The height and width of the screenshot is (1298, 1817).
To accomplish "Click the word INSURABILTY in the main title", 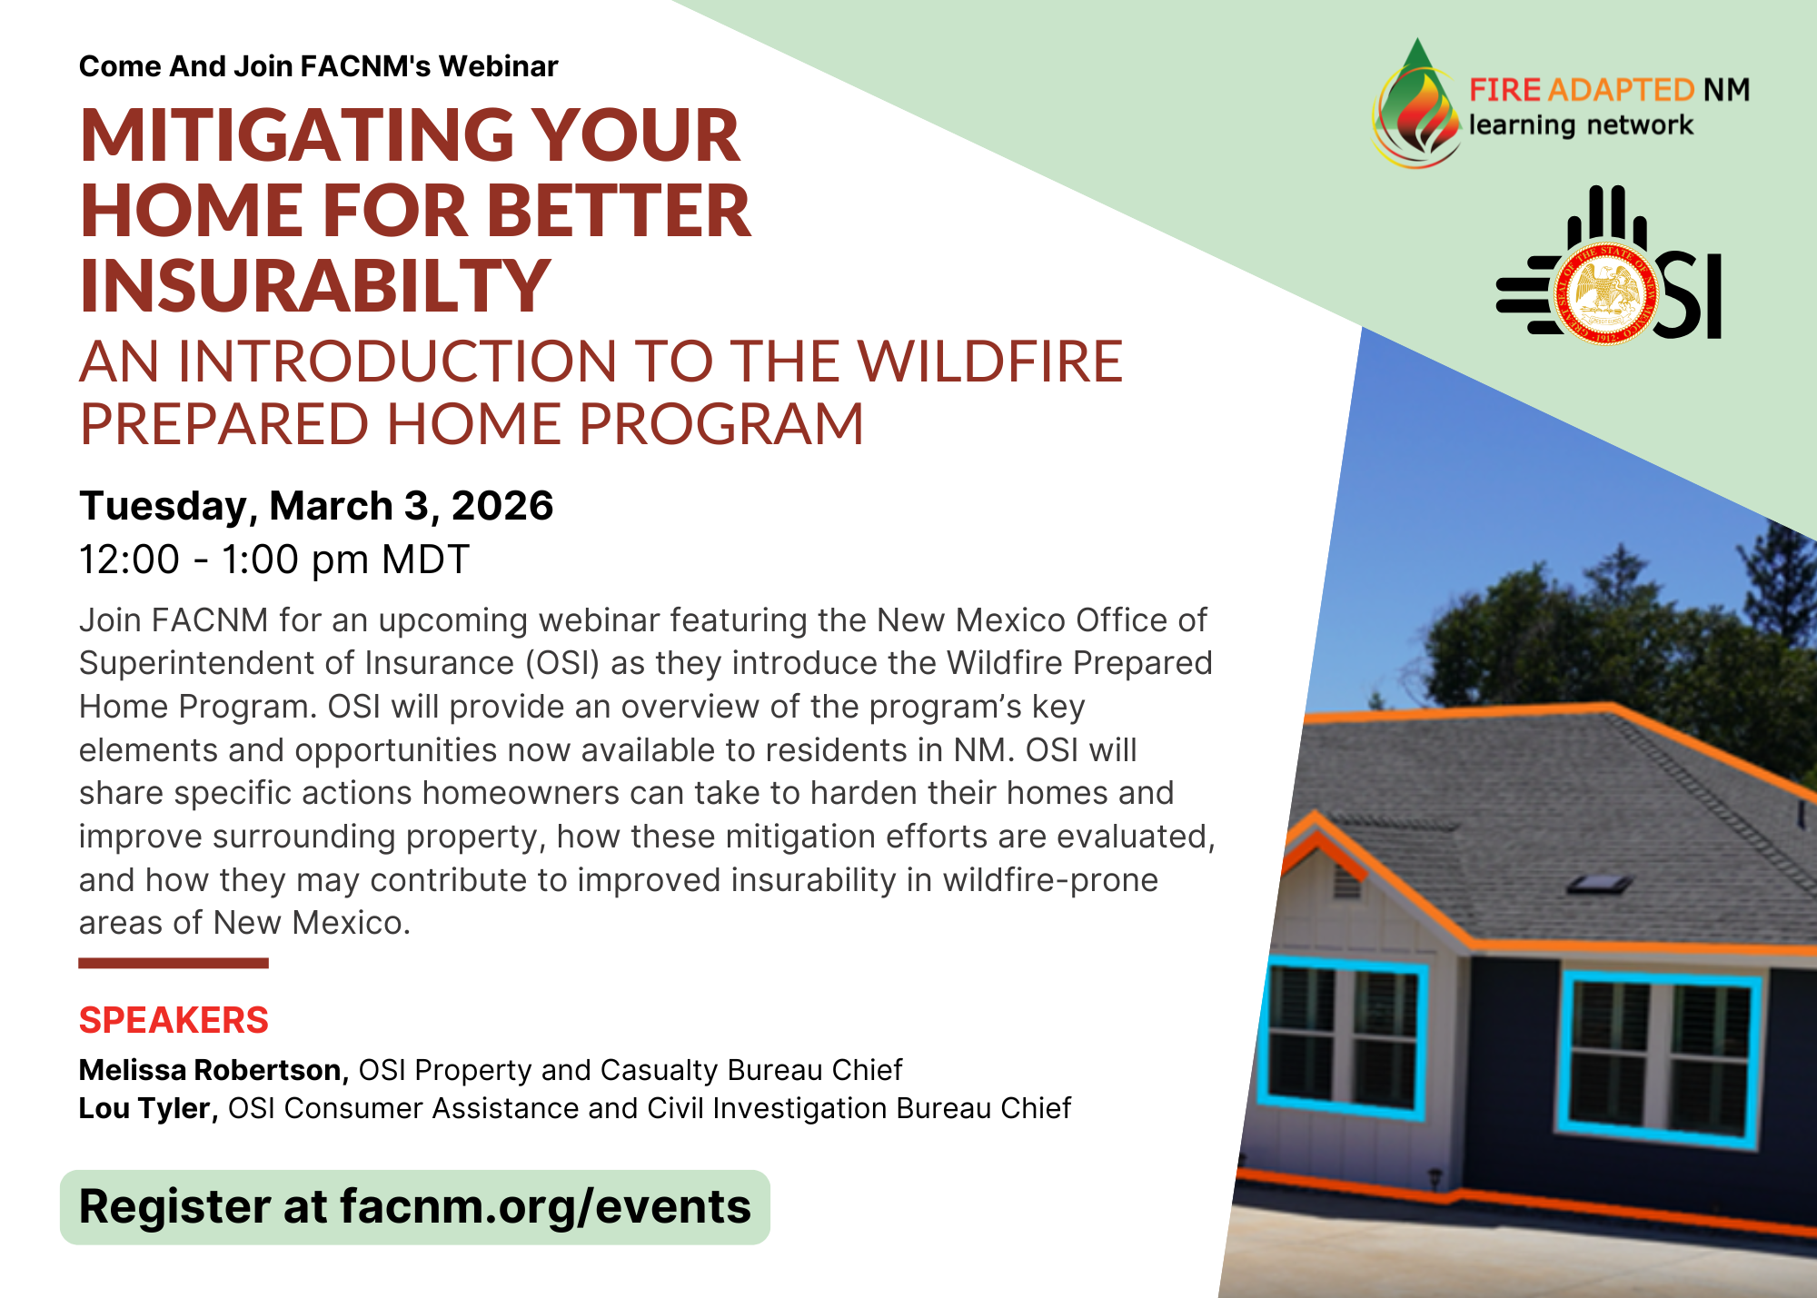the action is [x=315, y=286].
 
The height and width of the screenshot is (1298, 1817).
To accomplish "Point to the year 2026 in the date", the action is [x=502, y=506].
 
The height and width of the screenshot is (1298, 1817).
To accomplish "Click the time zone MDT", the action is [x=425, y=560].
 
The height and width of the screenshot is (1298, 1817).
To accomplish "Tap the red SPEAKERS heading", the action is [x=174, y=1020].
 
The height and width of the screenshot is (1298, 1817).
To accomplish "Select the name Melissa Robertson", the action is [x=213, y=1070].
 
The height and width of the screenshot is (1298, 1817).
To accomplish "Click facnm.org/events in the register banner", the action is [x=545, y=1206].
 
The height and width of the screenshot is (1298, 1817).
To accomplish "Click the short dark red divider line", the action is [x=174, y=963].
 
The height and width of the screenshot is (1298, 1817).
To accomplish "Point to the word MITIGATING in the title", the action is [x=297, y=136].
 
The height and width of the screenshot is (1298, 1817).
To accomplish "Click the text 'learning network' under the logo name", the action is [x=1581, y=125].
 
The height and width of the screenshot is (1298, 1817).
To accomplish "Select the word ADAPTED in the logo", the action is [x=1622, y=90].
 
